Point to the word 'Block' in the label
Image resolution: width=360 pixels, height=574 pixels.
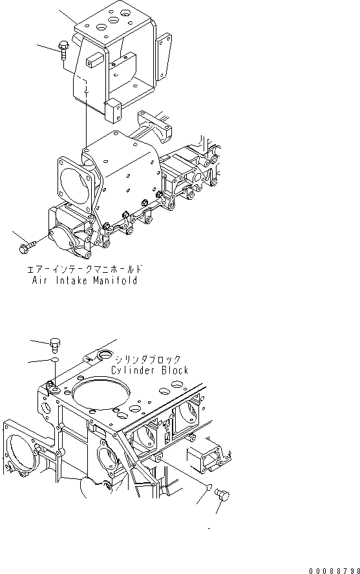point(173,370)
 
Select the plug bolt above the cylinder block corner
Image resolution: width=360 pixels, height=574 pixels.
point(56,343)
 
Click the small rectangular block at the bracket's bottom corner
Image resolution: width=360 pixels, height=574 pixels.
point(115,111)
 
